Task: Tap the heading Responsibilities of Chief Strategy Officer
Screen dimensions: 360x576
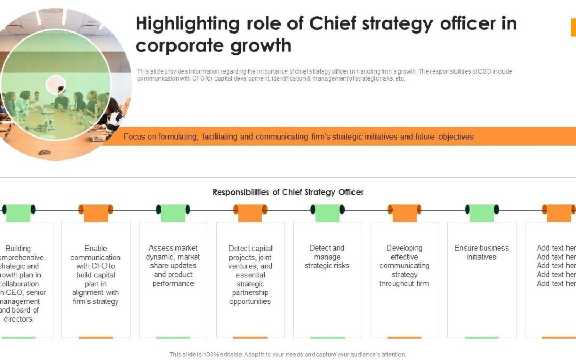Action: click(x=288, y=192)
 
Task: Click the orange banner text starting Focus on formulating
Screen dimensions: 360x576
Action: click(x=298, y=137)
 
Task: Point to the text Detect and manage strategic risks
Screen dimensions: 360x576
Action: click(x=327, y=257)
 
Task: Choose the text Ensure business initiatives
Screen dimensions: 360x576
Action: click(x=482, y=252)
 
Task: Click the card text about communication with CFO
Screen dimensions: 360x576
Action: click(x=95, y=275)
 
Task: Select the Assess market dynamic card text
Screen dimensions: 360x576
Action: click(x=173, y=266)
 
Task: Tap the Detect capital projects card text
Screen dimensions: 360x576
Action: click(x=250, y=275)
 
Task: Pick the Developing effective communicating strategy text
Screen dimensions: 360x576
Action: click(x=404, y=266)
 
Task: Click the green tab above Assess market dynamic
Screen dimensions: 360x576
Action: click(x=173, y=212)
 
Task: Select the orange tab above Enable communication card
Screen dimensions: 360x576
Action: click(x=95, y=212)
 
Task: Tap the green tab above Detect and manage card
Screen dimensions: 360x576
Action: click(x=327, y=212)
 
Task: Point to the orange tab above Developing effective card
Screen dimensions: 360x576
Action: click(x=404, y=212)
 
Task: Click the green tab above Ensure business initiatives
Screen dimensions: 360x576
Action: click(x=482, y=212)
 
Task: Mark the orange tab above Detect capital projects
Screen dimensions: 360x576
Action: click(x=250, y=212)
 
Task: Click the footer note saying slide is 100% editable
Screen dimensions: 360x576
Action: click(x=288, y=354)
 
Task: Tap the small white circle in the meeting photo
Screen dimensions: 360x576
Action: click(x=55, y=84)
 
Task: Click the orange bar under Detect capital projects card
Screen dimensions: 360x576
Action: click(x=250, y=337)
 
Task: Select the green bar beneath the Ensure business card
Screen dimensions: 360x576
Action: click(x=482, y=337)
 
